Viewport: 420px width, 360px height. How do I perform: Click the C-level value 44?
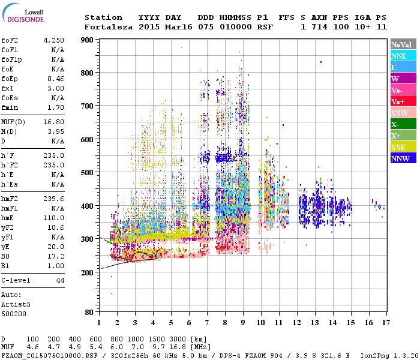tap(60, 280)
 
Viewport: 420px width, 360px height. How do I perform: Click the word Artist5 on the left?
tap(17, 304)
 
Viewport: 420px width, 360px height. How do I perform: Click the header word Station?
tap(103, 17)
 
